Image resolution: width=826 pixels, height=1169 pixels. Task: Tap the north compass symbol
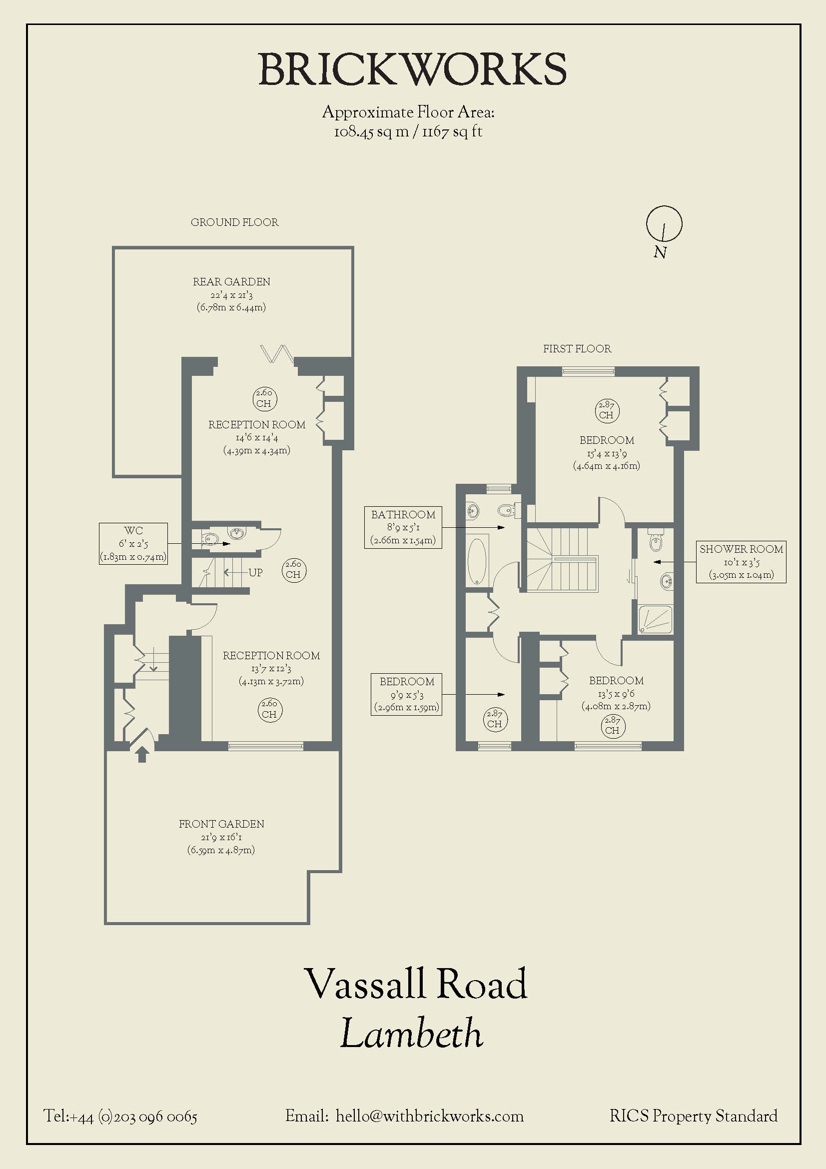(x=664, y=224)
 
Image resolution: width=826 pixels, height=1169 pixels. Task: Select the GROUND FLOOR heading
(x=235, y=222)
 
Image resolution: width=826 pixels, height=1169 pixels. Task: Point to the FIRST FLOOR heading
(x=577, y=349)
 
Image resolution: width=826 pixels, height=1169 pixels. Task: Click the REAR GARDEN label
(x=231, y=281)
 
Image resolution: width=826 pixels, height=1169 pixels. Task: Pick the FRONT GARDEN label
(x=221, y=824)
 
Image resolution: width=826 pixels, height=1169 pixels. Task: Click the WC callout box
(x=133, y=543)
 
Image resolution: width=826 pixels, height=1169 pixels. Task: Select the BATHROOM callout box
(x=403, y=527)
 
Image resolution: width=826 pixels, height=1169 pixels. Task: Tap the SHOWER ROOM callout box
(x=741, y=562)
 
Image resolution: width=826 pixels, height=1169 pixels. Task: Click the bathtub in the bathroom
(x=477, y=561)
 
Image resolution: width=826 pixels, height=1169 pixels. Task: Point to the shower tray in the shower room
(x=655, y=620)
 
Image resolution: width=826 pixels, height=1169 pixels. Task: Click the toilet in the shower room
(x=656, y=541)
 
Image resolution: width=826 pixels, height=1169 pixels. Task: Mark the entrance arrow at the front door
(x=142, y=754)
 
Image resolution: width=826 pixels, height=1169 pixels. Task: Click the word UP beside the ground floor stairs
(x=255, y=572)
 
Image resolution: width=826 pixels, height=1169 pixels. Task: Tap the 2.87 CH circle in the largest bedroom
(x=606, y=410)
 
